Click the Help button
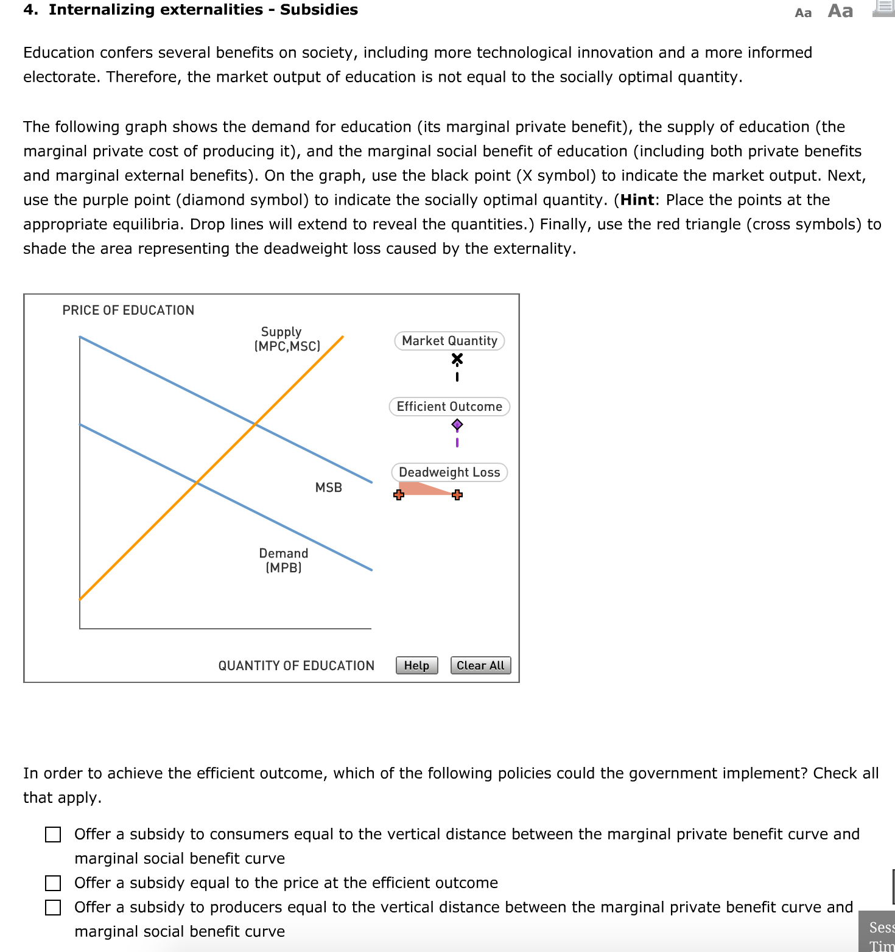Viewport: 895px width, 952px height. point(416,665)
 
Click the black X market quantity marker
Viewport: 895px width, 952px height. point(457,359)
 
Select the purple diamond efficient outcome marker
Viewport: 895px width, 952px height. point(457,424)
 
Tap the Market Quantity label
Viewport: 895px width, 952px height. point(449,341)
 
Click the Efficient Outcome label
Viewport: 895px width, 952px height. point(449,407)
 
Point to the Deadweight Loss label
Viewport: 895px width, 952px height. point(449,472)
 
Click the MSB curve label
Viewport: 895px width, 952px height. point(329,488)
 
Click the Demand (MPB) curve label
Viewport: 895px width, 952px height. point(284,560)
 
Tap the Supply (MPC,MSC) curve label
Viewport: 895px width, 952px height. point(287,339)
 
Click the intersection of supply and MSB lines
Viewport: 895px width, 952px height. point(255,423)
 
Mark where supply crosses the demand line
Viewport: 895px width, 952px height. point(197,482)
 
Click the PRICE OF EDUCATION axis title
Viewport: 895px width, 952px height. point(128,310)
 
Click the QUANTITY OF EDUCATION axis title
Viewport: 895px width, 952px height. point(296,666)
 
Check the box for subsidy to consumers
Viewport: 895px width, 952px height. point(53,835)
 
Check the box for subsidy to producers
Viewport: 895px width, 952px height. point(53,908)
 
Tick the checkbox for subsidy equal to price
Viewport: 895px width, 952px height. point(53,883)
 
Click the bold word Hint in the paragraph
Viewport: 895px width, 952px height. point(637,200)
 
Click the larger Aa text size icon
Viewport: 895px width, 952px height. point(840,11)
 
